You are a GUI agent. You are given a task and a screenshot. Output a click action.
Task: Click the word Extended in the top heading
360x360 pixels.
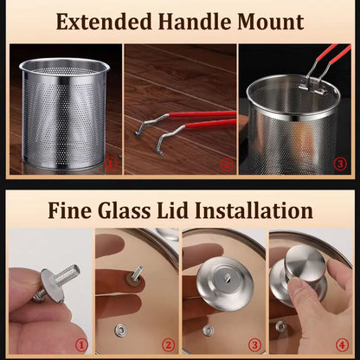104,22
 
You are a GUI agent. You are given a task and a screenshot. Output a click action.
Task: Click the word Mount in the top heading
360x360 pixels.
271,22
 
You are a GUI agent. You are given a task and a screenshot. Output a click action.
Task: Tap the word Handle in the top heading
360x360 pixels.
195,22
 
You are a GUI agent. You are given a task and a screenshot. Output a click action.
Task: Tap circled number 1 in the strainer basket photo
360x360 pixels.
111,164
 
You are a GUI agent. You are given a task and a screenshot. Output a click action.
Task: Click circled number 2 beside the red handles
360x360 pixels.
227,165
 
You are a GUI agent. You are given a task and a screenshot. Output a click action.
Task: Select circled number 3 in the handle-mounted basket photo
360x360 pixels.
340,164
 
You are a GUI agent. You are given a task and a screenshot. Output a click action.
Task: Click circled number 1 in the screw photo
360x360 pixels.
81,344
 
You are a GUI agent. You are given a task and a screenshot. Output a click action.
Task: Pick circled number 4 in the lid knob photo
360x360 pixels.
342,344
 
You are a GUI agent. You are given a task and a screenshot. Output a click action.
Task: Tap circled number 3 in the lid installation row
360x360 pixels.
254,344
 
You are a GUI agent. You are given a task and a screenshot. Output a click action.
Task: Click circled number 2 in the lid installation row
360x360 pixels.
168,344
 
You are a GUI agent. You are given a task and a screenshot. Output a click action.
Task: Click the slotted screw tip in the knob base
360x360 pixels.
225,279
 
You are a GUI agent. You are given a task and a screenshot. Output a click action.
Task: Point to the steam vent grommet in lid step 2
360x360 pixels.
119,330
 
